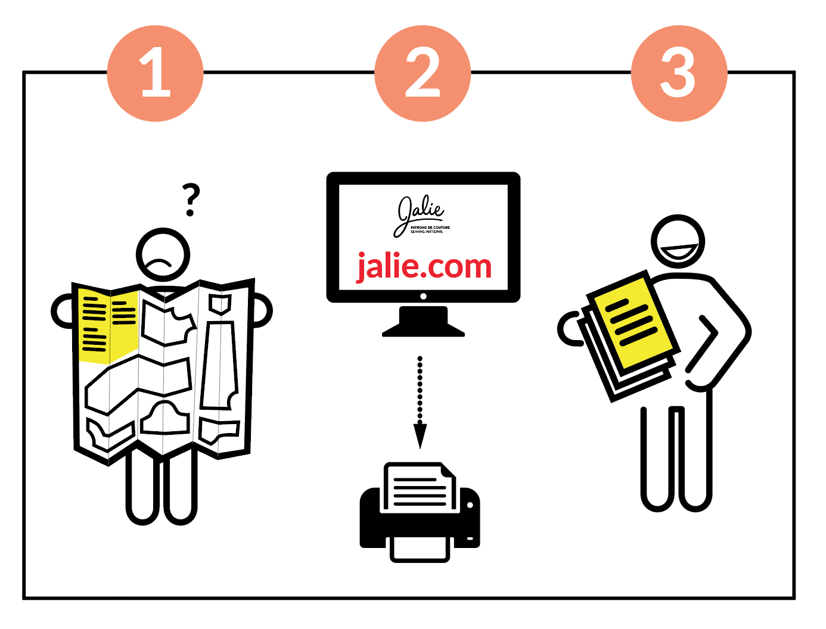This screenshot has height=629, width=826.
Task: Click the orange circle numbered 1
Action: tap(155, 73)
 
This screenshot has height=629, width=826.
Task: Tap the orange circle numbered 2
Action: tap(423, 73)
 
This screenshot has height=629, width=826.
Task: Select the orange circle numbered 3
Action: tap(679, 73)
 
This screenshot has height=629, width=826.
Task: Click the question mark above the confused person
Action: tap(191, 200)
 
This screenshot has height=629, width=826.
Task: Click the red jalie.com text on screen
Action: tap(424, 266)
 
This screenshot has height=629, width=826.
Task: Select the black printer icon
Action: tap(420, 518)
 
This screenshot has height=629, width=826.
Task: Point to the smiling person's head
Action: tap(678, 241)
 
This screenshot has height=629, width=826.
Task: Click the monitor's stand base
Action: tap(423, 325)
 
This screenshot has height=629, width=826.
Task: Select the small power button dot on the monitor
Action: tap(423, 296)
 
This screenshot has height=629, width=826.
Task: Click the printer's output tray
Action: tap(420, 549)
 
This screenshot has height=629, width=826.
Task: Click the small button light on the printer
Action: tap(470, 505)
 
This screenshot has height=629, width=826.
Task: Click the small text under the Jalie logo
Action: tap(430, 229)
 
